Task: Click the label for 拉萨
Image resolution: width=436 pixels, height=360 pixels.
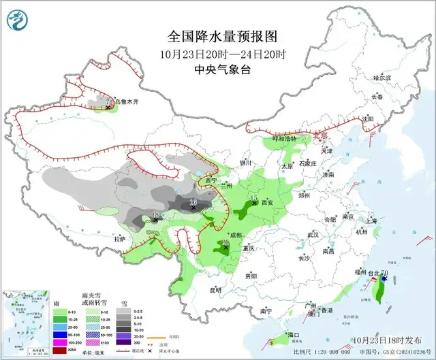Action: (120, 239)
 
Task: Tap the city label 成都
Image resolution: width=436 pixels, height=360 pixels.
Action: (236, 235)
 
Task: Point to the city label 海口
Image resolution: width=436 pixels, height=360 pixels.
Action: (294, 336)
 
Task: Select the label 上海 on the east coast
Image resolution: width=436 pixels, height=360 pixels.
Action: (371, 220)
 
